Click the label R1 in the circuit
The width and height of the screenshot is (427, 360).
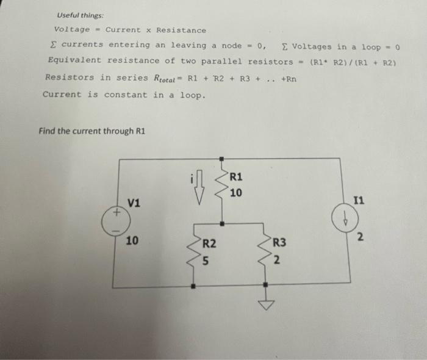pyautogui.click(x=237, y=177)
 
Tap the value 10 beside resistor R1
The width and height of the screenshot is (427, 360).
pyautogui.click(x=236, y=193)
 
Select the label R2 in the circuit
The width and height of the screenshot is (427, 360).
pyautogui.click(x=209, y=243)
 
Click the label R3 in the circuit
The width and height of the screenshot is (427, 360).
pyautogui.click(x=279, y=243)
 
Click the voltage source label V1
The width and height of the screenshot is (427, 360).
pyautogui.click(x=134, y=203)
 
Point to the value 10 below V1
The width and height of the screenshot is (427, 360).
pyautogui.click(x=132, y=241)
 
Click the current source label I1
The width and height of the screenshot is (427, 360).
pyautogui.click(x=361, y=200)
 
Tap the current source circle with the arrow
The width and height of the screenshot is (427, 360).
pyautogui.click(x=343, y=221)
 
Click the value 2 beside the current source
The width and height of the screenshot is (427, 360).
pyautogui.click(x=360, y=237)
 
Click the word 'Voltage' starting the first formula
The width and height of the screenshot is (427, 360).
pyautogui.click(x=72, y=29)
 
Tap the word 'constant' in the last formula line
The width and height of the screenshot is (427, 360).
pyautogui.click(x=126, y=95)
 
